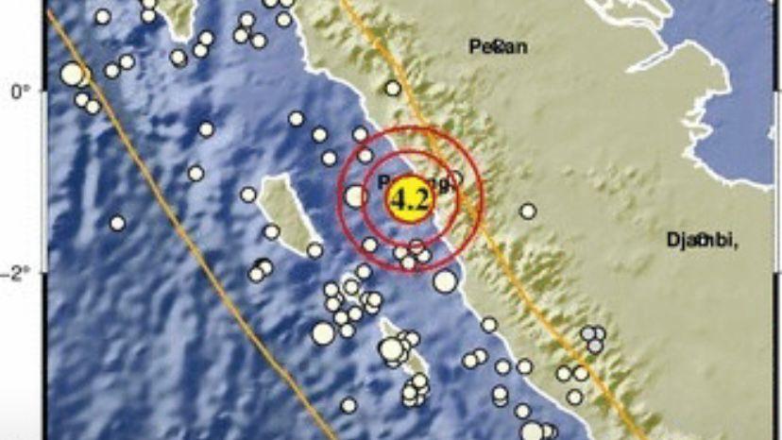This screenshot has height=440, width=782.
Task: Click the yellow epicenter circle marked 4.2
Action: pyautogui.click(x=411, y=199)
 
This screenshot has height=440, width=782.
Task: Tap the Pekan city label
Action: pyautogui.click(x=498, y=46)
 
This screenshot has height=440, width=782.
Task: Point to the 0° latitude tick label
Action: pyautogui.click(x=20, y=92)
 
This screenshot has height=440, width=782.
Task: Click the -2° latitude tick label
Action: pyautogui.click(x=20, y=273)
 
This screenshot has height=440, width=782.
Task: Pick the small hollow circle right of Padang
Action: pyautogui.click(x=455, y=177)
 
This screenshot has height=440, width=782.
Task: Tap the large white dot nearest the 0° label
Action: pyautogui.click(x=71, y=73)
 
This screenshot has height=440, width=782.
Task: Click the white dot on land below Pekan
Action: pyautogui.click(x=393, y=88)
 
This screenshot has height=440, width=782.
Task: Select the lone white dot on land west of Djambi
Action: pyautogui.click(x=527, y=212)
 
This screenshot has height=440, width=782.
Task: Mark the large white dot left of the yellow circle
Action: pyautogui.click(x=355, y=196)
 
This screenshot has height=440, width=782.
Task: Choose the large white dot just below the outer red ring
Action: pyautogui.click(x=445, y=280)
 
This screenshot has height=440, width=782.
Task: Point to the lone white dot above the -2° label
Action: pyautogui.click(x=117, y=223)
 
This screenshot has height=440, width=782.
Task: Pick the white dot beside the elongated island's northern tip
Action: pyautogui.click(x=248, y=195)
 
